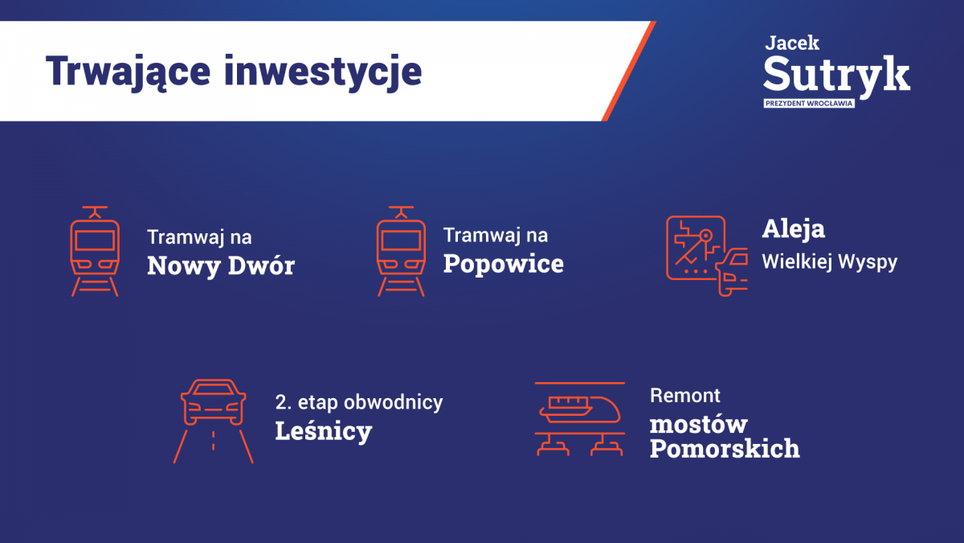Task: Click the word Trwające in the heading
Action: point(128,72)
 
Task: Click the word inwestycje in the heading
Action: point(323,72)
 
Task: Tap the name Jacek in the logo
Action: point(792,43)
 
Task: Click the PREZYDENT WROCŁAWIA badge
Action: point(809,104)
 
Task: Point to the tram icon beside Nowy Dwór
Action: point(95,251)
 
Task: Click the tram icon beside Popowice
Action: point(401,251)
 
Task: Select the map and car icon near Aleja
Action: point(707,256)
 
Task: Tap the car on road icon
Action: point(214,421)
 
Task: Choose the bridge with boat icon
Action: point(580,419)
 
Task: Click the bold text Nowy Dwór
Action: point(221,265)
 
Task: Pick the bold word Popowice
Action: point(504,264)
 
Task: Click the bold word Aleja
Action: point(794,229)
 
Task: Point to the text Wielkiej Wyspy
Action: point(830,262)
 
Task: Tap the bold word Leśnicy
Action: point(324,431)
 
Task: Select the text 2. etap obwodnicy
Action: point(359,402)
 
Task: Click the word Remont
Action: point(685,396)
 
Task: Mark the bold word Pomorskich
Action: point(725,449)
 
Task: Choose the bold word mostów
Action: point(698,425)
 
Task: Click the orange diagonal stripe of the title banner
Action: point(629,71)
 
